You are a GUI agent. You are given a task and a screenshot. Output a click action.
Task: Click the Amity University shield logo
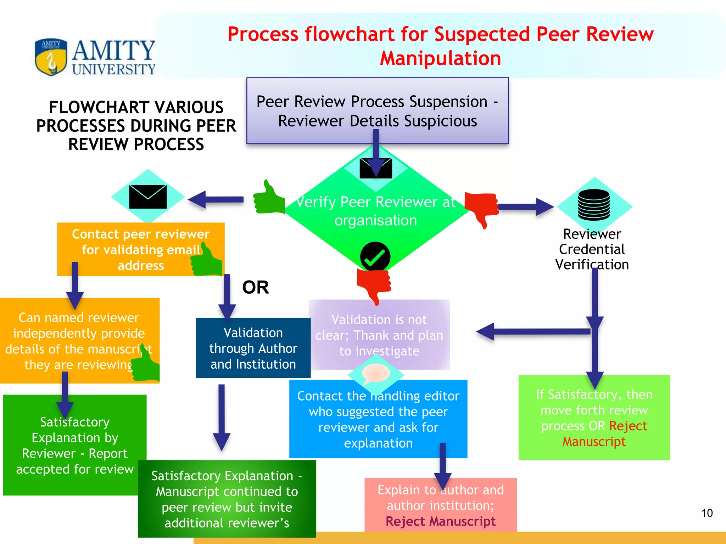51,57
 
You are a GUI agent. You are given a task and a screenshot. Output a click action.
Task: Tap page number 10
707,513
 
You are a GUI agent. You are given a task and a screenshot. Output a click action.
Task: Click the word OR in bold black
255,287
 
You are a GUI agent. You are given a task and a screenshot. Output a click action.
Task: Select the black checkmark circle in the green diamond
375,257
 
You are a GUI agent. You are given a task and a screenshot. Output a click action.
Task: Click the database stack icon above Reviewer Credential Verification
594,205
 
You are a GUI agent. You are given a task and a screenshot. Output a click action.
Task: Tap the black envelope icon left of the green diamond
148,197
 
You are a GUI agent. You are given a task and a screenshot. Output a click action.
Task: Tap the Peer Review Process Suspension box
378,110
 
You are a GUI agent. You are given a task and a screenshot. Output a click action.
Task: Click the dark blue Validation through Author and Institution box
253,348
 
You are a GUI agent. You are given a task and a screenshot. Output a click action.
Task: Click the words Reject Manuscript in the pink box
440,521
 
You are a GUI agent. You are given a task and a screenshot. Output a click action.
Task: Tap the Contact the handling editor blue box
378,419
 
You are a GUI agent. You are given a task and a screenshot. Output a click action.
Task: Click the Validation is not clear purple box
379,335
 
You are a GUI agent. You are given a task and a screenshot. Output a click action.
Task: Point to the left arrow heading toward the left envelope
215,199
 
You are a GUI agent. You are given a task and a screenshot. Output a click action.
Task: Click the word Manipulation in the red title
440,58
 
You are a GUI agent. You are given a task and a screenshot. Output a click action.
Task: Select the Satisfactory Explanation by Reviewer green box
75,445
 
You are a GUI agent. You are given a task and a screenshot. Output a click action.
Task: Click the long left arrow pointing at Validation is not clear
532,332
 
